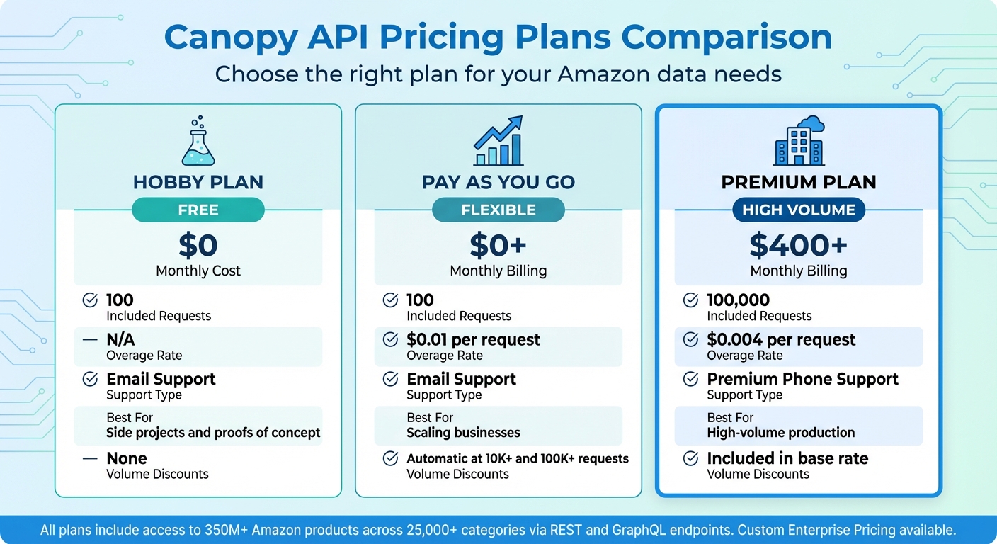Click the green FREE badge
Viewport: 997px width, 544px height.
198,210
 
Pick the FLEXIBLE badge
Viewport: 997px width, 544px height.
498,210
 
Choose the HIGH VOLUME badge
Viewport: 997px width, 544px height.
799,210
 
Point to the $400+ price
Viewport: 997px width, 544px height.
799,245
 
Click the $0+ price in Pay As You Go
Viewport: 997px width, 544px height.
498,245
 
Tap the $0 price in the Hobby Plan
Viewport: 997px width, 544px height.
198,245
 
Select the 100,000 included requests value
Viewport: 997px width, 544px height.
738,300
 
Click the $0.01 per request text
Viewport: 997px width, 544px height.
473,340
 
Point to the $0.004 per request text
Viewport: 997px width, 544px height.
781,340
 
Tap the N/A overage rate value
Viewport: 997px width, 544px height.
120,340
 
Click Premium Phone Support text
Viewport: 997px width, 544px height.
802,379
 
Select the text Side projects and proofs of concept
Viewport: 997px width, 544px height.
213,433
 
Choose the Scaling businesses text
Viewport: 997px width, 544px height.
463,433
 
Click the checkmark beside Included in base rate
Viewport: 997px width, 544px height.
690,459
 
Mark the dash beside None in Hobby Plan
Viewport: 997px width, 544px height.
90,459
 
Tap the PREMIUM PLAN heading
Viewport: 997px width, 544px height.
799,182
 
